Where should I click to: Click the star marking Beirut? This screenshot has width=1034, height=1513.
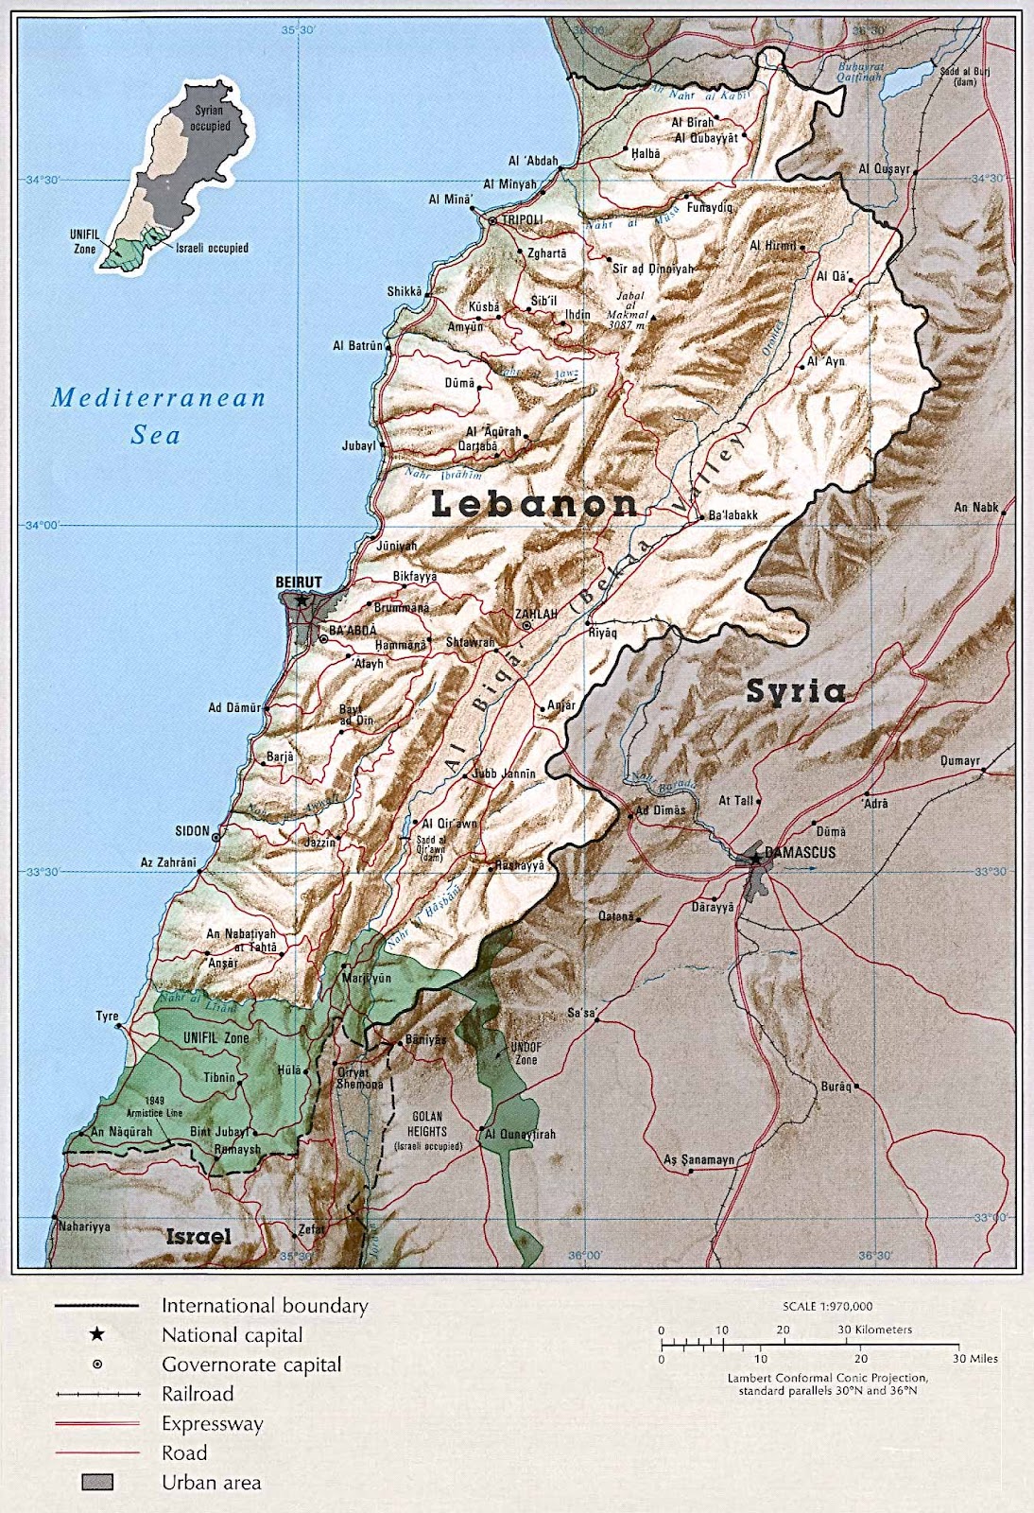301,600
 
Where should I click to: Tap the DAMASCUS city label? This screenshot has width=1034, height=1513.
800,852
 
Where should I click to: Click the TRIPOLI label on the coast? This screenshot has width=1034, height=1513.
522,219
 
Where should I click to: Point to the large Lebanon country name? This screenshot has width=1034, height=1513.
534,504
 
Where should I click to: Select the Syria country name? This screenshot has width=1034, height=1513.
796,691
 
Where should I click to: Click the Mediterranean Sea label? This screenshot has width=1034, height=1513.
158,415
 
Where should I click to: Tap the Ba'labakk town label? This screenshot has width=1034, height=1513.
733,515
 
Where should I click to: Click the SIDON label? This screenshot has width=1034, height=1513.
192,830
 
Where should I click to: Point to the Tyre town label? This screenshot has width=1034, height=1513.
107,1016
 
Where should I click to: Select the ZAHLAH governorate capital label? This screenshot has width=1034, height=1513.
536,614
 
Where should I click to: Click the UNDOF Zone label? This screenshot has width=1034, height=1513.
526,1053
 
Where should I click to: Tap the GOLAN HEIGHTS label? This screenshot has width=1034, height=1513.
427,1123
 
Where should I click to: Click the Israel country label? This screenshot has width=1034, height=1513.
198,1236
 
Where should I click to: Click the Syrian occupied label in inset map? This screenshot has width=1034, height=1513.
210,118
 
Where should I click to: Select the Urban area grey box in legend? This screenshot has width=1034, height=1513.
97,1482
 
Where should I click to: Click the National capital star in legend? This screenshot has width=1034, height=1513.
96,1334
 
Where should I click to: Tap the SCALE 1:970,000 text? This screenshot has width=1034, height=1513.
827,1306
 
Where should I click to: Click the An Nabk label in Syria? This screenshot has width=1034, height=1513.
975,507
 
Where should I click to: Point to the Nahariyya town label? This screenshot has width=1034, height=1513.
84,1226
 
